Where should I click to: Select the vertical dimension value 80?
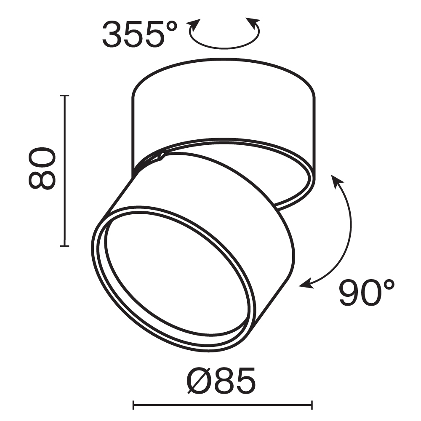[42, 168]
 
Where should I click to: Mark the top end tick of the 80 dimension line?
[64, 96]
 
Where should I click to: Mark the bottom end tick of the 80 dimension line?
[64, 245]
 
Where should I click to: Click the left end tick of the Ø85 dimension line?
[133, 405]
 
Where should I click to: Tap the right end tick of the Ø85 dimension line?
[312, 405]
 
